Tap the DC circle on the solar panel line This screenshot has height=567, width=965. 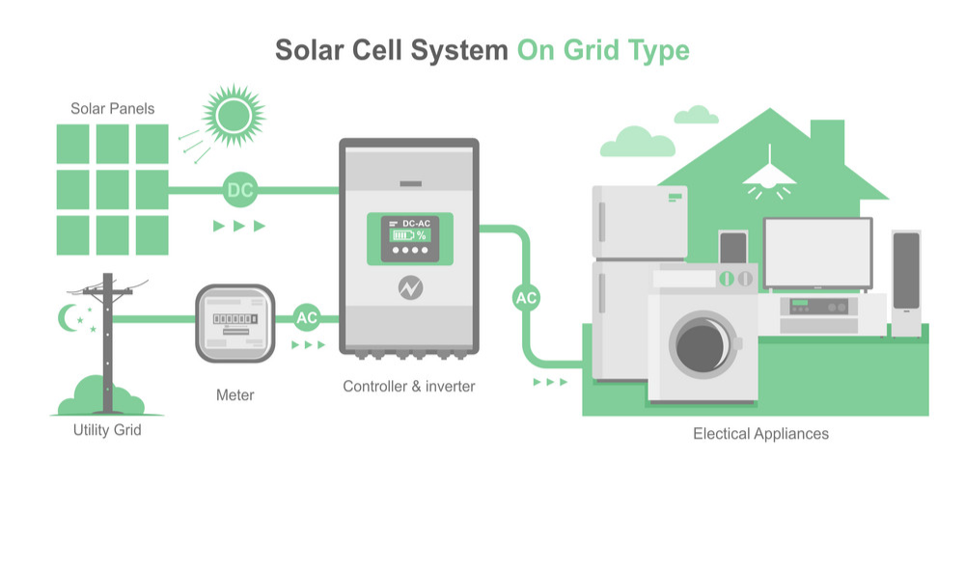pos(239,191)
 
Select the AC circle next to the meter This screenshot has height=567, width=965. pos(307,317)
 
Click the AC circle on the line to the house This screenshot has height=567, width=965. pos(526,298)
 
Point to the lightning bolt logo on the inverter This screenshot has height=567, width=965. pos(410,288)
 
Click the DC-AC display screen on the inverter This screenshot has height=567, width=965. pos(410,237)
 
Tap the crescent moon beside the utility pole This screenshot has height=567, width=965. pos(69,315)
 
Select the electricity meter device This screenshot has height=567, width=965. pos(235,323)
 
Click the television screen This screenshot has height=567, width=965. pos(817,252)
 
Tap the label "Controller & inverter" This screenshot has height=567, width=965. pos(409,387)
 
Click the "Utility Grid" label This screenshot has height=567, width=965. pos(107,429)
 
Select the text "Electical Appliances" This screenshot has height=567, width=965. pos(760,434)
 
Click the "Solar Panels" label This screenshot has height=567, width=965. pos(112,108)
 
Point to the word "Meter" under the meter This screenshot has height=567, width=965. pos(235,394)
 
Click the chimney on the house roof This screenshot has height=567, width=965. pos(828,135)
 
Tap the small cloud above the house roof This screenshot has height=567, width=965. pos(696,116)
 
